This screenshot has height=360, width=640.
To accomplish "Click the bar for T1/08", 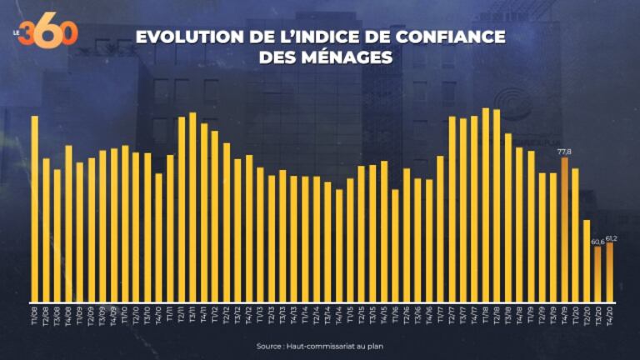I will point(35,208).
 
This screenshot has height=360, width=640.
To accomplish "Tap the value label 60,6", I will point(597,242).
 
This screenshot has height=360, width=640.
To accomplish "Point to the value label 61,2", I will point(610,237).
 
